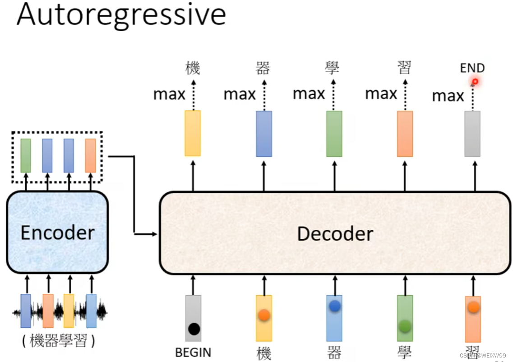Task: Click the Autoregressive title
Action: pyautogui.click(x=121, y=14)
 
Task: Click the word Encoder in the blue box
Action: pyautogui.click(x=58, y=233)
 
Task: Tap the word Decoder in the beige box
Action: pyautogui.click(x=335, y=233)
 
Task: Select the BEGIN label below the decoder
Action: pyautogui.click(x=193, y=352)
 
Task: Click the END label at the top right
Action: pyautogui.click(x=472, y=68)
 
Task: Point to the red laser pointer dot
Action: pyautogui.click(x=475, y=82)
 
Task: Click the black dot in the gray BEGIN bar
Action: pyautogui.click(x=194, y=329)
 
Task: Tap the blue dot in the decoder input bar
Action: pyautogui.click(x=334, y=306)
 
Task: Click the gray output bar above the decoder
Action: pyautogui.click(x=472, y=134)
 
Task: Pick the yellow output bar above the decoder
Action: pyautogui.click(x=193, y=133)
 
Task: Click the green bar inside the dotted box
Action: pyautogui.click(x=26, y=155)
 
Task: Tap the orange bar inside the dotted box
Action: pyautogui.click(x=90, y=155)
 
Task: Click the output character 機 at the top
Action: pyautogui.click(x=193, y=68)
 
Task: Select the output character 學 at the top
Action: pyautogui.click(x=332, y=68)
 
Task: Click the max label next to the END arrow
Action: pyautogui.click(x=448, y=96)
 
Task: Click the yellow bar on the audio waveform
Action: pyautogui.click(x=69, y=311)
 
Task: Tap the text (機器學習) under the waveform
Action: pyautogui.click(x=59, y=341)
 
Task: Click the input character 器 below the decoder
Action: pyautogui.click(x=334, y=353)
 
